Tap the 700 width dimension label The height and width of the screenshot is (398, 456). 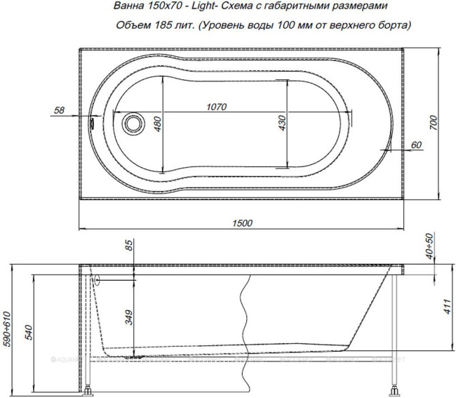pos(434,124)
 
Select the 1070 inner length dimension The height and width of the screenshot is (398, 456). pos(217,107)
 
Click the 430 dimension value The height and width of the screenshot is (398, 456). pos(282,124)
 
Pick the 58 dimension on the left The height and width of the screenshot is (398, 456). pos(59,110)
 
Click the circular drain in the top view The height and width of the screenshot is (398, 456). pos(131,124)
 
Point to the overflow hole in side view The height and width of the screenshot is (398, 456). pos(98,280)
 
